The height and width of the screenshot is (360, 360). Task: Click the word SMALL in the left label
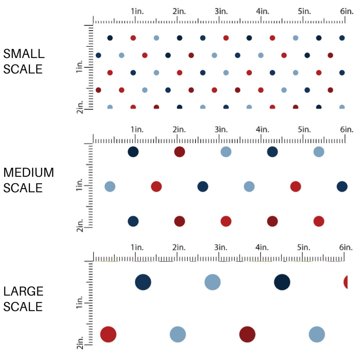(x=24, y=54)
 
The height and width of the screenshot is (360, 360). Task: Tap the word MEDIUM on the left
(x=28, y=173)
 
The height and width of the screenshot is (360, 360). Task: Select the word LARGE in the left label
(x=23, y=291)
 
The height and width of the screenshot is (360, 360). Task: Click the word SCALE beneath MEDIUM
(x=23, y=188)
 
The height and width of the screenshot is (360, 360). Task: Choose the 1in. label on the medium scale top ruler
(x=137, y=129)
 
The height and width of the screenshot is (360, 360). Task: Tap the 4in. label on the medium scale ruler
(x=262, y=129)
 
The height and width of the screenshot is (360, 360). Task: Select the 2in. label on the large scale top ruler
(x=179, y=247)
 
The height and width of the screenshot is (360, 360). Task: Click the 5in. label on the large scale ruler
(x=304, y=247)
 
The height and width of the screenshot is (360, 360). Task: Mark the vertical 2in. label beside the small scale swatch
(x=80, y=107)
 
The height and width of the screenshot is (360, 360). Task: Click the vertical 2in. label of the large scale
(x=80, y=341)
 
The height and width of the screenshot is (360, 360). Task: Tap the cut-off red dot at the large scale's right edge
(x=346, y=282)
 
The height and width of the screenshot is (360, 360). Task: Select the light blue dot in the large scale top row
(x=212, y=282)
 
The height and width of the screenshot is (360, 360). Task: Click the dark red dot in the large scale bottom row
(x=247, y=334)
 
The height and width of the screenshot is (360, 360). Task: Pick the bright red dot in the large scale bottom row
(x=108, y=334)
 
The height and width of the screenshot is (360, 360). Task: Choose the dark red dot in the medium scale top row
(x=179, y=152)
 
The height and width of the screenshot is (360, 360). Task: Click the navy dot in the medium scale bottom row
(x=133, y=221)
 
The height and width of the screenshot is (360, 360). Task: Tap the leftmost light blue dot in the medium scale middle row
(x=110, y=186)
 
